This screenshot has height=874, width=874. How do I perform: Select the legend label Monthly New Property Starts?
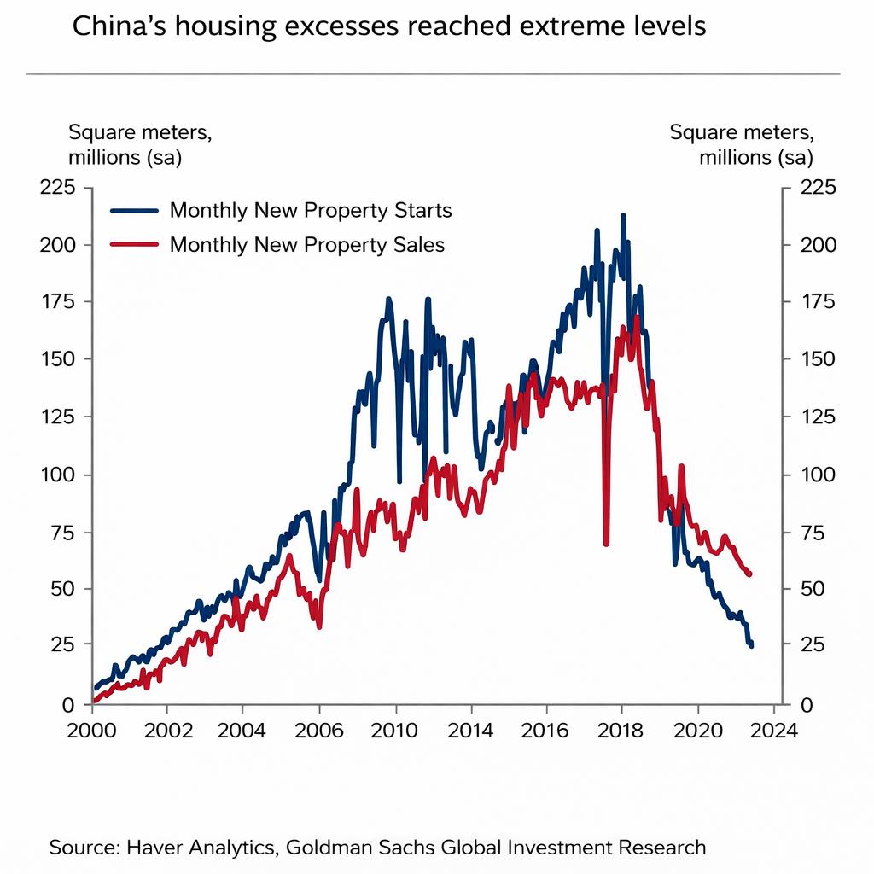coord(311,210)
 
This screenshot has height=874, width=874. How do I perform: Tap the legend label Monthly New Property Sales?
coord(307,245)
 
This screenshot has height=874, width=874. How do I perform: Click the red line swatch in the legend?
coord(135,245)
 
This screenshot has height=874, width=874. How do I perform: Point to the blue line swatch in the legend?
coord(135,210)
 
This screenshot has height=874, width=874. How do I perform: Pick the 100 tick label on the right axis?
coord(819,475)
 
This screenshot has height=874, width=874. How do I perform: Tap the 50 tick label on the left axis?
coord(63,589)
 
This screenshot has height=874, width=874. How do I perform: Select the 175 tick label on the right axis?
coord(819,302)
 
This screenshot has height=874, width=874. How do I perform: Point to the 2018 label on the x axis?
coord(621,731)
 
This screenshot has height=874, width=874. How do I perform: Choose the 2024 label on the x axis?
coord(773,731)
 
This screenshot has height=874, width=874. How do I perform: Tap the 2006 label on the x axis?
coord(318,731)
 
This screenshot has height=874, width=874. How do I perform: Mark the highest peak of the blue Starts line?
coord(623,215)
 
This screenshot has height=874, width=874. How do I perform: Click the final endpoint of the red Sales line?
coord(749,574)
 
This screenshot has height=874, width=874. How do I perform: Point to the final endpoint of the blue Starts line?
coord(751,646)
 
